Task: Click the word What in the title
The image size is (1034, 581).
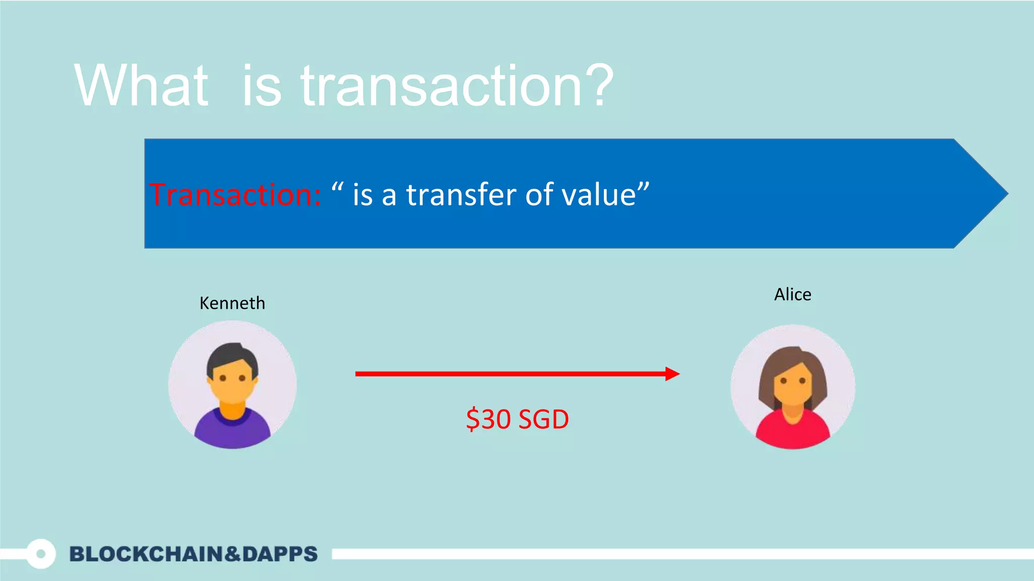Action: (141, 86)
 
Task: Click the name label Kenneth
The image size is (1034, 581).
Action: (232, 303)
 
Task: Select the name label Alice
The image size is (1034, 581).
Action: (793, 295)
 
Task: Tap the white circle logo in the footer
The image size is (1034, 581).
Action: (41, 554)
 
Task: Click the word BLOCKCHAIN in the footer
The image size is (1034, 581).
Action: (146, 554)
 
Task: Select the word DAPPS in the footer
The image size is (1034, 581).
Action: (280, 554)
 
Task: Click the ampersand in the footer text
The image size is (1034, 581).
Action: (232, 554)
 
